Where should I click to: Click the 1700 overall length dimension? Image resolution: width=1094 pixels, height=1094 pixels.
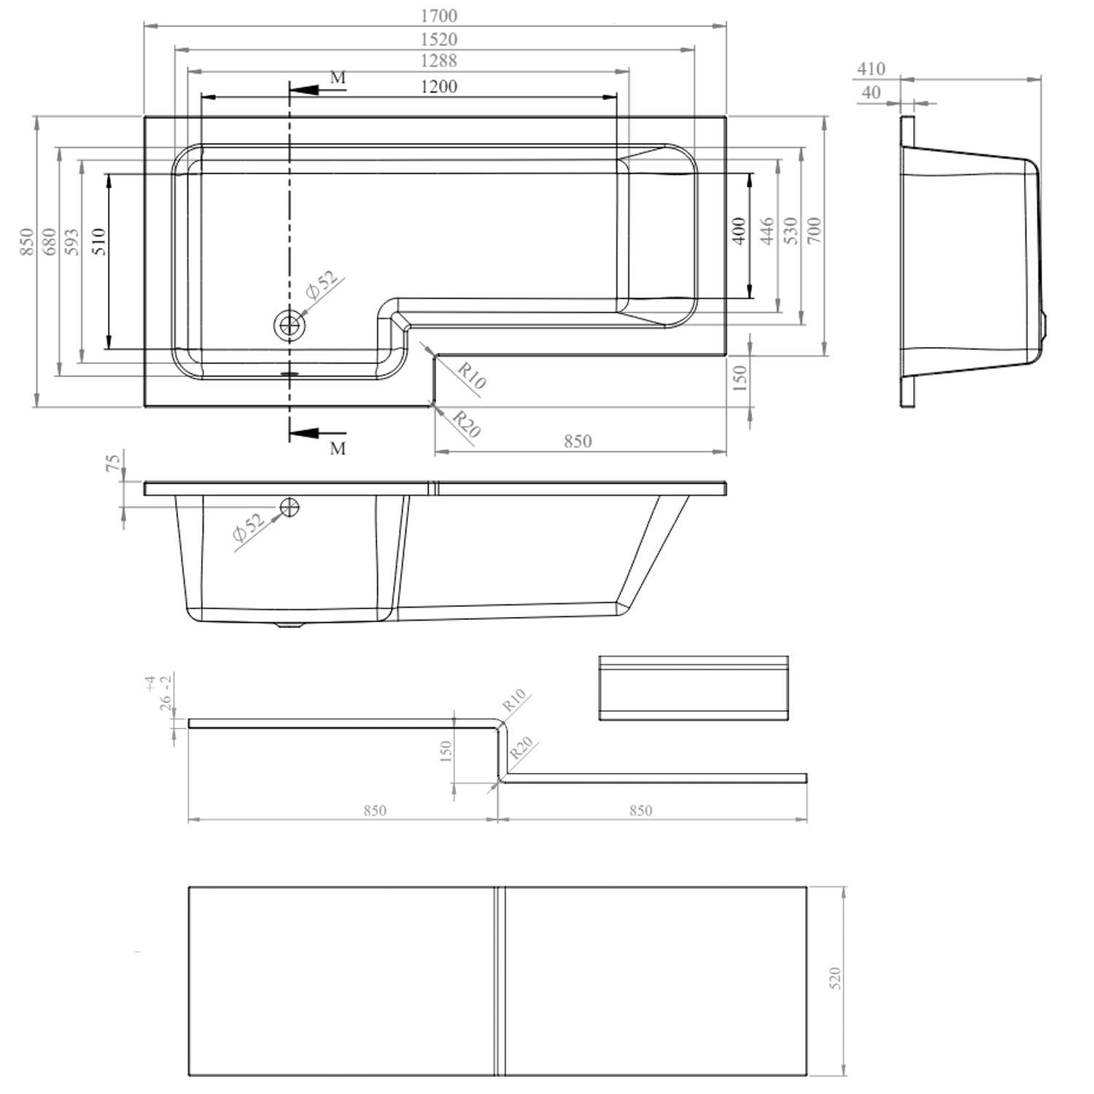click(x=438, y=15)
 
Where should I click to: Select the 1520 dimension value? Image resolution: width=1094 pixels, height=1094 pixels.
click(x=438, y=39)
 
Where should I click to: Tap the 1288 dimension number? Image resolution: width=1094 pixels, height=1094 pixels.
click(x=438, y=61)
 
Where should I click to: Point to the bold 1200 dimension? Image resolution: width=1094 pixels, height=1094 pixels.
click(x=438, y=86)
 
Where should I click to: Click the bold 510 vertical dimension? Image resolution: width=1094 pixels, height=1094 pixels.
click(x=98, y=241)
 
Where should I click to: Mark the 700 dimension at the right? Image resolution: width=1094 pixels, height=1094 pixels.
click(x=815, y=231)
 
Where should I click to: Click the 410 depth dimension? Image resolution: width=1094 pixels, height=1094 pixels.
click(x=870, y=69)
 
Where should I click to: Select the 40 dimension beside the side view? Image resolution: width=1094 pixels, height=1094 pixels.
click(x=870, y=93)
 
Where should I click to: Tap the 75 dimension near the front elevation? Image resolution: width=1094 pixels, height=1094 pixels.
click(x=114, y=464)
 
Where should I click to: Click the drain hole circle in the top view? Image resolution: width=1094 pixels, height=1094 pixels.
click(x=290, y=325)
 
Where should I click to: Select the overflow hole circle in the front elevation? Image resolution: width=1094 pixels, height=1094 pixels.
click(x=290, y=505)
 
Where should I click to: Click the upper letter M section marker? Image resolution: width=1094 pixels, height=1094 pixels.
click(x=337, y=77)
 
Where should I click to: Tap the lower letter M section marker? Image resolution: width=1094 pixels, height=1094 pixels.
click(x=337, y=449)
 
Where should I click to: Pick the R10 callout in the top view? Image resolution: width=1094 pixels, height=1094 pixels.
click(x=471, y=374)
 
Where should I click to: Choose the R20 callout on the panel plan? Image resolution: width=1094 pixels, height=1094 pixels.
click(x=521, y=749)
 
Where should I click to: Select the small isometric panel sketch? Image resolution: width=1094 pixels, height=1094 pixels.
click(x=693, y=688)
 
